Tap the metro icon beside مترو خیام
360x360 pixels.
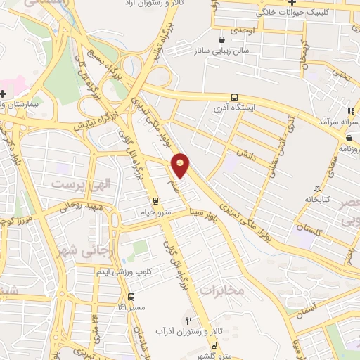tap(135, 202)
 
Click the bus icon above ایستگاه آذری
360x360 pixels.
tap(234, 98)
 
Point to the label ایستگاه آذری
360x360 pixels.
tap(235, 109)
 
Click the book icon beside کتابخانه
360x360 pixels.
tap(320, 188)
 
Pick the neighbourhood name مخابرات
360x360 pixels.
tap(221, 289)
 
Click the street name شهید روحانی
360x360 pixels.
tap(67, 207)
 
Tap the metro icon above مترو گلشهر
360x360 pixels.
tap(213, 345)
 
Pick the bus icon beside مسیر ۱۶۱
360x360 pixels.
tap(130, 297)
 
